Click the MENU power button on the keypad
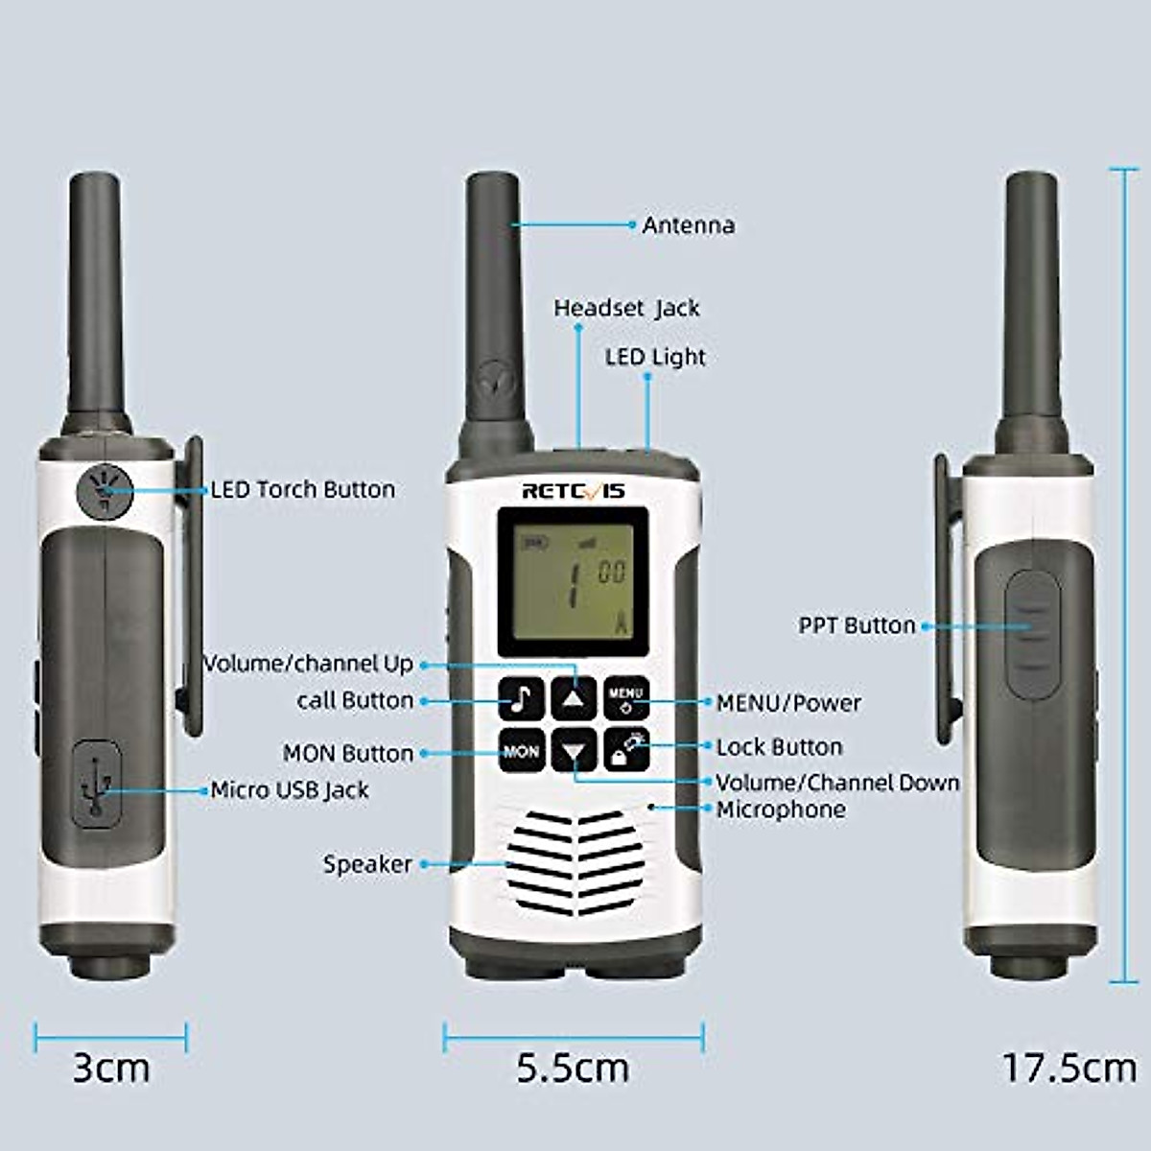tap(626, 698)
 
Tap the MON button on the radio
tap(522, 751)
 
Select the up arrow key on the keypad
tap(574, 698)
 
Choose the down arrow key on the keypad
tap(574, 751)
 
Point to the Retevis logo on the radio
tap(573, 491)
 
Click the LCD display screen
tap(573, 576)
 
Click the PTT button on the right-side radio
tap(1031, 626)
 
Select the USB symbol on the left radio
tap(96, 785)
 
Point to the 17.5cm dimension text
tap(1068, 1067)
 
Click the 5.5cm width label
tap(573, 1068)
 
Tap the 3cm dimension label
tap(111, 1068)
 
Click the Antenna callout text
tap(689, 225)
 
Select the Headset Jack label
tap(626, 308)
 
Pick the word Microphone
tap(781, 810)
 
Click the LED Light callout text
tap(655, 357)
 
